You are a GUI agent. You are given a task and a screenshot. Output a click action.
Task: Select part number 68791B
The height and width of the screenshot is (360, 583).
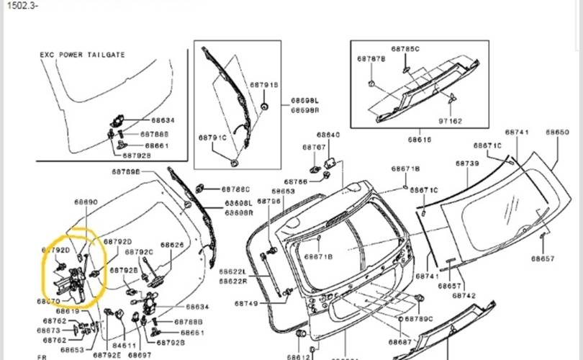click(264, 85)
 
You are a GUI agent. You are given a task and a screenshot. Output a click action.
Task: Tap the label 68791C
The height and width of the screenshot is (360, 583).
click(213, 137)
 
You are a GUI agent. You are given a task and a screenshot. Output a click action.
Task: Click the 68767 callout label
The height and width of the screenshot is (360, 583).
click(314, 148)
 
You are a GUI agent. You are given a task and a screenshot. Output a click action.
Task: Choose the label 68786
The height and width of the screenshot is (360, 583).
click(296, 181)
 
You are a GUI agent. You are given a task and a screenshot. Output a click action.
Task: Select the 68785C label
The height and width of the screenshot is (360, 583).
click(405, 49)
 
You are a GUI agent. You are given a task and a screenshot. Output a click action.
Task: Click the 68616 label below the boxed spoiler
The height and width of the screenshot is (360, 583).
click(420, 140)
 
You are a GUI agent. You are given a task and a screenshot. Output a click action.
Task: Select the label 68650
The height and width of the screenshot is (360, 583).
click(557, 132)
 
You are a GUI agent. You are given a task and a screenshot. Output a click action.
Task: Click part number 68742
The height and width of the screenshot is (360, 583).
click(464, 295)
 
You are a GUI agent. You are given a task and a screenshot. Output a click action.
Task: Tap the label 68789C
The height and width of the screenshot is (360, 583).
click(420, 318)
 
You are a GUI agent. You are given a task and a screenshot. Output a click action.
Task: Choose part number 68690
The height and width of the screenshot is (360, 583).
click(86, 203)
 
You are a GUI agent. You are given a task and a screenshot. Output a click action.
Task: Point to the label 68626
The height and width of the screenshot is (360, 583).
click(172, 245)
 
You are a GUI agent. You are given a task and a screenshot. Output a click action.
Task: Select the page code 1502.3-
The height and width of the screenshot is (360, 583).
click(19, 5)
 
